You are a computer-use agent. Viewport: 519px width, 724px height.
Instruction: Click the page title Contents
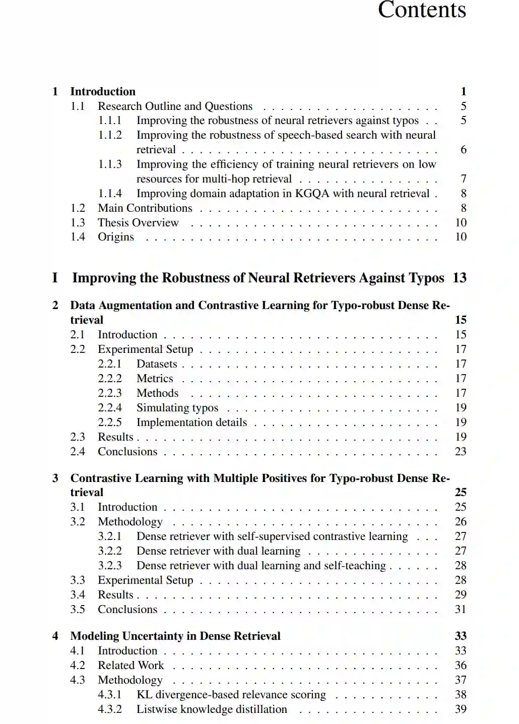click(422, 10)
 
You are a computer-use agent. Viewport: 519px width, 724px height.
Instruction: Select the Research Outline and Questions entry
click(175, 106)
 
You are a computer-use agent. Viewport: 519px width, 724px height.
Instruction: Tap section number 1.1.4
click(110, 194)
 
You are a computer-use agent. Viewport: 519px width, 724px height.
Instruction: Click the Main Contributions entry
click(145, 208)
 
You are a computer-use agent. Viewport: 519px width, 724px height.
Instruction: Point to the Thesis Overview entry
click(138, 223)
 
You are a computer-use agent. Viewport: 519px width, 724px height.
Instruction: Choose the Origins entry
click(116, 237)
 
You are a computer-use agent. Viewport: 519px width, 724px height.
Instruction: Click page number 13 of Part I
click(459, 278)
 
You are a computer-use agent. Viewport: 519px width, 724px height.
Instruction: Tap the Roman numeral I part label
click(55, 278)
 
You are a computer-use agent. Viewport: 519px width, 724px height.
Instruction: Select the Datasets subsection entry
click(157, 364)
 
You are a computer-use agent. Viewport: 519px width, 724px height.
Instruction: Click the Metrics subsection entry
click(155, 379)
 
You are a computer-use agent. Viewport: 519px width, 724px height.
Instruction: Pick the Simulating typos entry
click(177, 408)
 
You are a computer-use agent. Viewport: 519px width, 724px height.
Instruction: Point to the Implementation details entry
click(191, 423)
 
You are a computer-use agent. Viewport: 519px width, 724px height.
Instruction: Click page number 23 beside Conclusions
click(460, 452)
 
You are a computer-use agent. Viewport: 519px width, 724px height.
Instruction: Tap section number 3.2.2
click(110, 551)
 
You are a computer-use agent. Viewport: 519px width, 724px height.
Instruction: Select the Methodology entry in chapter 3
click(130, 522)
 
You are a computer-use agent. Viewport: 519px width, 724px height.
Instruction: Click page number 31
click(460, 610)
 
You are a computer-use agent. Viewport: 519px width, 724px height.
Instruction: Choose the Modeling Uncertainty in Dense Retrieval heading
click(175, 636)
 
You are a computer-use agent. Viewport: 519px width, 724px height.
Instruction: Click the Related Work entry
click(131, 666)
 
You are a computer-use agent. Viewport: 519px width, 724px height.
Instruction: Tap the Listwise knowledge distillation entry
click(212, 709)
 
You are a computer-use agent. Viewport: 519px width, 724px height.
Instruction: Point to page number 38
click(460, 695)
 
